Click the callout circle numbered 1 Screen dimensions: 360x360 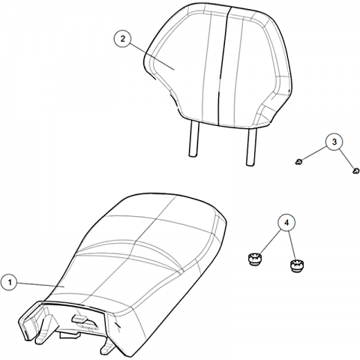pos(10,283)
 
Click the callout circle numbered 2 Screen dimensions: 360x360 pos(122,39)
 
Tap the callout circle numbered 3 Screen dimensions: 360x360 pos(334,142)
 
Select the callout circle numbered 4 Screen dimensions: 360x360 pos(286,223)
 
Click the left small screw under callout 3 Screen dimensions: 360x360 pos(298,162)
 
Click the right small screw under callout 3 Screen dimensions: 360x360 pos(356,171)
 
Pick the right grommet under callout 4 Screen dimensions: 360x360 pos(297,265)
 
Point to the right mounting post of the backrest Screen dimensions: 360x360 pos(251,147)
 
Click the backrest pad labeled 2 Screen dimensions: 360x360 pos(218,65)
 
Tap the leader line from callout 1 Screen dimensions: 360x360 pos(41,285)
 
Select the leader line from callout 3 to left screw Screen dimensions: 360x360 pos(314,154)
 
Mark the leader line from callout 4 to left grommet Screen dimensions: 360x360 pos(271,241)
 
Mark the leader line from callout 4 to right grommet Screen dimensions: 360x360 pos(292,246)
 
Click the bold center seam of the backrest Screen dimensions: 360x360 pos(223,65)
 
